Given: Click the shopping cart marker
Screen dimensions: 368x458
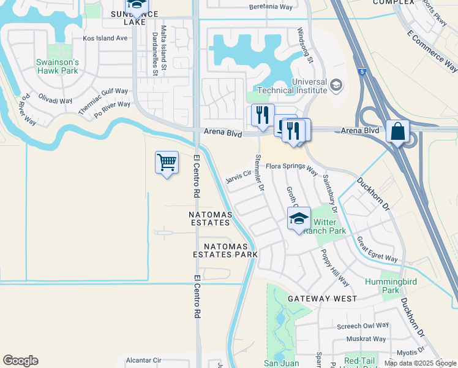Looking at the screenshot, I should tap(167, 163).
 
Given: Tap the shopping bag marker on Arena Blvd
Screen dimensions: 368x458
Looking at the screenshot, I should tap(397, 131).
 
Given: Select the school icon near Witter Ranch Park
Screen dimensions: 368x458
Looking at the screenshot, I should tap(299, 218).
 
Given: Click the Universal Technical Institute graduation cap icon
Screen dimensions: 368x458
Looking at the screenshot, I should tap(336, 85).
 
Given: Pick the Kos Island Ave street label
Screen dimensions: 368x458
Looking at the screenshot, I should tap(105, 38).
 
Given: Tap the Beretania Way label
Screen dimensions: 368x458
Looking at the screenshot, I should tap(271, 7).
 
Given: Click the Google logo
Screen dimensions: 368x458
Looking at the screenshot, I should tap(20, 361).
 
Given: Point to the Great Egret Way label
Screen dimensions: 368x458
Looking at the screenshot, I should tap(377, 250).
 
